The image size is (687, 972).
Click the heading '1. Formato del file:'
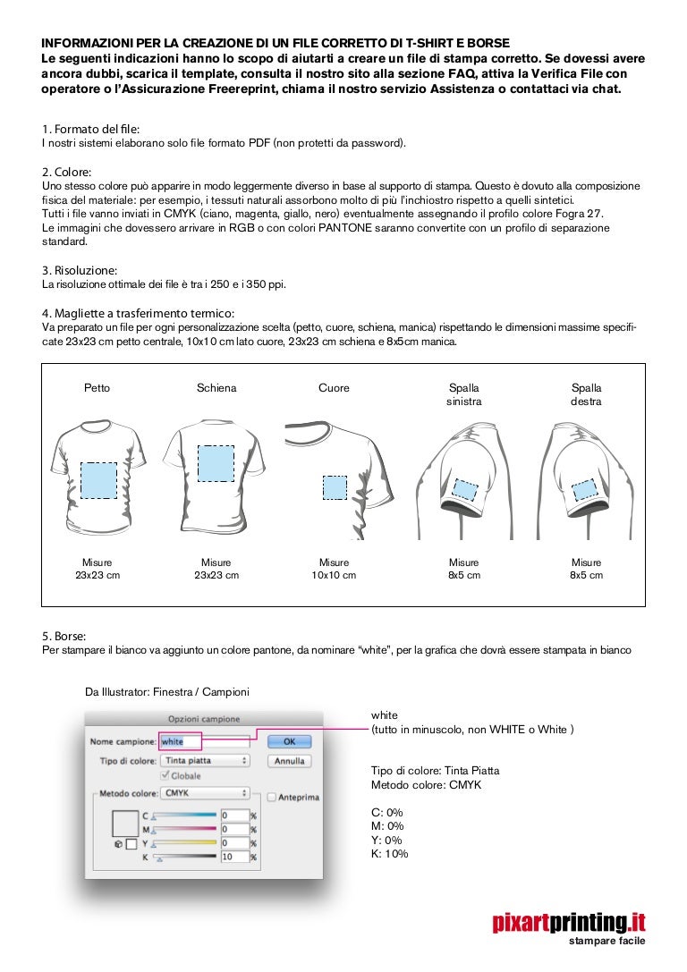tap(90, 130)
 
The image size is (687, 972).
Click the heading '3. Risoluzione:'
tap(81, 270)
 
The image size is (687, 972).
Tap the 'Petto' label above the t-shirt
tap(98, 388)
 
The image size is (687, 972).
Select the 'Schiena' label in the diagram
tap(216, 388)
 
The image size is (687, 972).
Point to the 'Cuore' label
tap(334, 388)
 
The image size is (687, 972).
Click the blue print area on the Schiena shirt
tap(216, 463)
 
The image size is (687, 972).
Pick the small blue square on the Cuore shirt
tap(335, 487)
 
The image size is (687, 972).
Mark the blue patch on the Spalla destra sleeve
tap(584, 489)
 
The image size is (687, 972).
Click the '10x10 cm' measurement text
tap(334, 575)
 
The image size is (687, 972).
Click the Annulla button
tap(289, 761)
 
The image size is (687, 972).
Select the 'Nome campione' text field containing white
tap(204, 741)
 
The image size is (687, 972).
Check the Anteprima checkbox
tap(272, 798)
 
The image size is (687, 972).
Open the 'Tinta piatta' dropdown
tap(205, 760)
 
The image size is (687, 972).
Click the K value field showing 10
tap(234, 857)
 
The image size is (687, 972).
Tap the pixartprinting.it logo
tap(569, 922)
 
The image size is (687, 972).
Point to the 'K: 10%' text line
tap(389, 854)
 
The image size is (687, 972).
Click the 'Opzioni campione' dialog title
tap(204, 718)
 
